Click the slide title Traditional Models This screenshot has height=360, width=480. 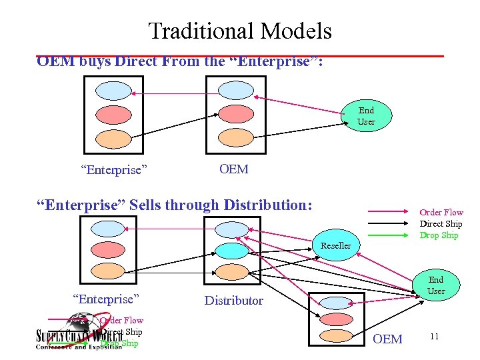coord(239,31)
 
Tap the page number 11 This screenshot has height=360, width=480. coord(434,336)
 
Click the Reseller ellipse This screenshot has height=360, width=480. coord(335,245)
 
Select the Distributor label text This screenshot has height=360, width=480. coord(233,301)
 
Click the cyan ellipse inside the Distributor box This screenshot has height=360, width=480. coord(231,250)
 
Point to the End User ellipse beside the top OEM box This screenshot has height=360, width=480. coord(366,115)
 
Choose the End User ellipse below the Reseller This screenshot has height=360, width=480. coord(435,285)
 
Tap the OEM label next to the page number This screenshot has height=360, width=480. coord(387,339)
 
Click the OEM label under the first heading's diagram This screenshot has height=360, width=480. coord(233,169)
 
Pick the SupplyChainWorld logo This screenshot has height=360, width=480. coord(77,337)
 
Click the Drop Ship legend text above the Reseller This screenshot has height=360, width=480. coord(439,235)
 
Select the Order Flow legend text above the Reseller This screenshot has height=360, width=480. coord(441,213)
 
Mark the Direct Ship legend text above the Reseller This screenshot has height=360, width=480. coord(440,224)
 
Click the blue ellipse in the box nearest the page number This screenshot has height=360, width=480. coord(335,303)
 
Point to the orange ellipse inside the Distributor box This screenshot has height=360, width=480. coord(231,271)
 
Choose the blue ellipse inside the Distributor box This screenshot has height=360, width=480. coord(231,229)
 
